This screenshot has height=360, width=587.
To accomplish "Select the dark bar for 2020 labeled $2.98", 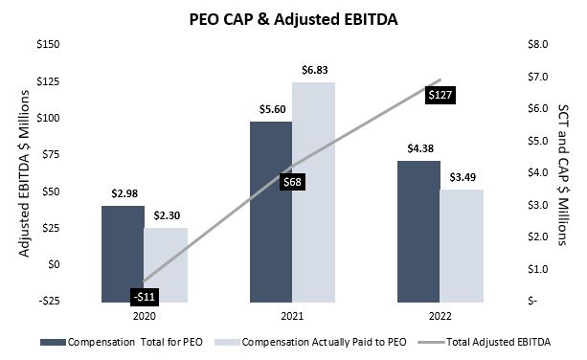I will tap(123, 254).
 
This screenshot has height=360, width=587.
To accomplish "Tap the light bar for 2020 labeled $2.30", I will tap(166, 264).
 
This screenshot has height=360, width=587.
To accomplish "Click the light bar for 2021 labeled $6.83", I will tap(314, 191).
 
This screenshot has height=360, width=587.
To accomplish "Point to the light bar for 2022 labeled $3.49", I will tap(462, 245).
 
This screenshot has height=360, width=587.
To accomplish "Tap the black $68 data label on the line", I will tap(291, 181).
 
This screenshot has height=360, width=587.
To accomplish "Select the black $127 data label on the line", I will tap(440, 95).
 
